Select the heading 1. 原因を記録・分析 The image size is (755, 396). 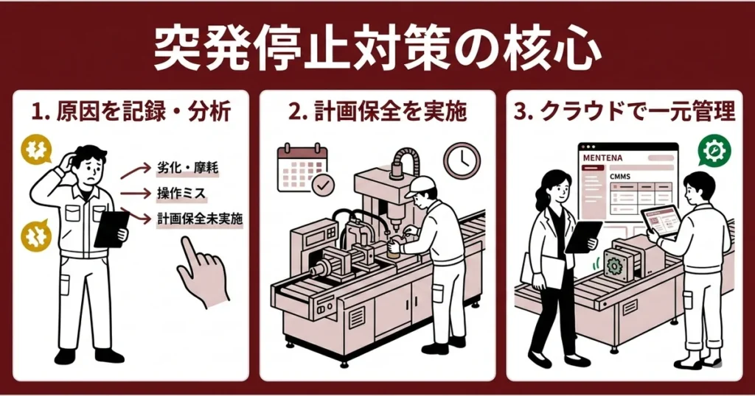(131, 112)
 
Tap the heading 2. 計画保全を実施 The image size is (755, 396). (377, 112)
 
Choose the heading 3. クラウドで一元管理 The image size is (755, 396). (624, 112)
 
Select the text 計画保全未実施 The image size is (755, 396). (200, 219)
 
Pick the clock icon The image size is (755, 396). (462, 160)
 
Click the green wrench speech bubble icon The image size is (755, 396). (713, 152)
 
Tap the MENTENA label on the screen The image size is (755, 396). (603, 158)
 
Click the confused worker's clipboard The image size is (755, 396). (111, 228)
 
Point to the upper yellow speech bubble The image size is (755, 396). (35, 149)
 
